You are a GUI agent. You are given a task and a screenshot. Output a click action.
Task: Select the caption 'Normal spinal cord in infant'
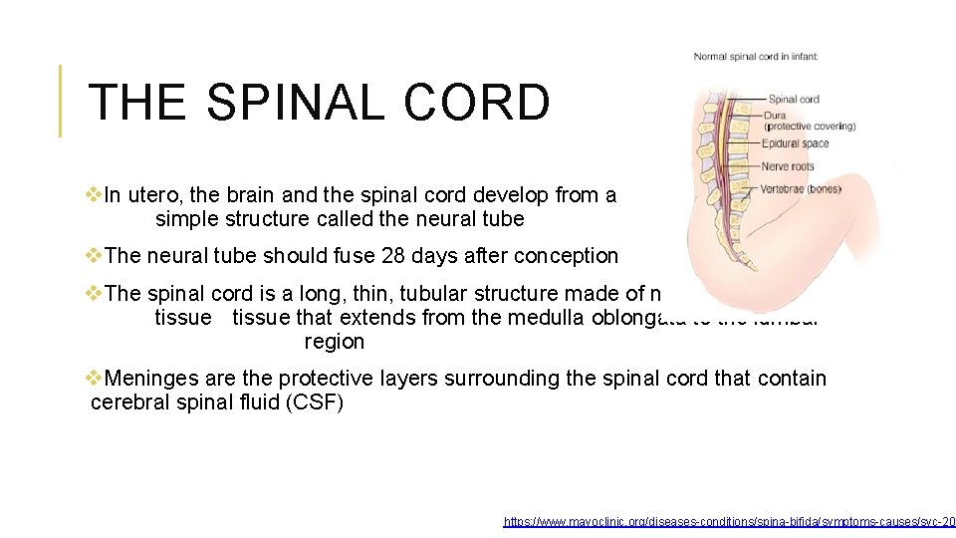[x=756, y=57]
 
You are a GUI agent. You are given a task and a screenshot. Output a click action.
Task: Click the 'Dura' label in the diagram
[x=776, y=116]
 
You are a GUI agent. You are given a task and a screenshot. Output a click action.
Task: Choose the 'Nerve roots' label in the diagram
[x=788, y=166]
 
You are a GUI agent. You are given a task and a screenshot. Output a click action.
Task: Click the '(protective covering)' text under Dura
[x=810, y=127]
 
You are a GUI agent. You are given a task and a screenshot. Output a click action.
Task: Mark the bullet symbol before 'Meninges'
[x=95, y=379]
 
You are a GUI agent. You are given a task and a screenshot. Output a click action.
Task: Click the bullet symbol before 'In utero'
[x=95, y=195]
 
